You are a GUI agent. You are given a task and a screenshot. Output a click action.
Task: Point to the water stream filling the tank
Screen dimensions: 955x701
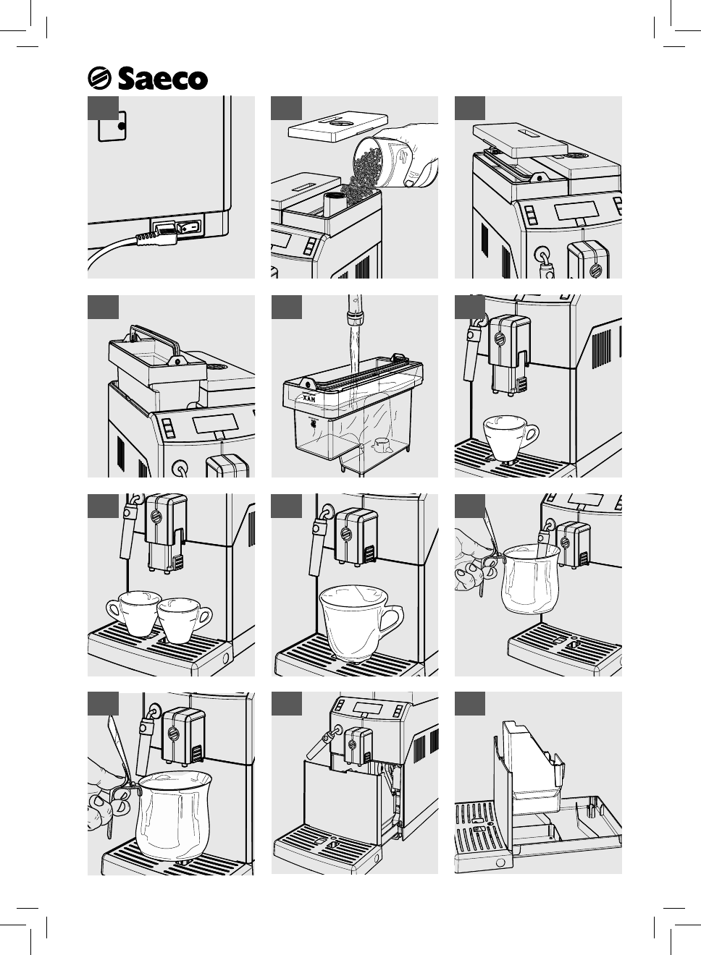(353, 347)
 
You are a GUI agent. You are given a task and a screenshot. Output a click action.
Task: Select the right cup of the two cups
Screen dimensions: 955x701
(182, 619)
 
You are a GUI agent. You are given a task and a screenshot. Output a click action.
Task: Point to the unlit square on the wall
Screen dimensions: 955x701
(111, 127)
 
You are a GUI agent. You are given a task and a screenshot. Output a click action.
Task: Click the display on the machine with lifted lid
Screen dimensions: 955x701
(576, 211)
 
